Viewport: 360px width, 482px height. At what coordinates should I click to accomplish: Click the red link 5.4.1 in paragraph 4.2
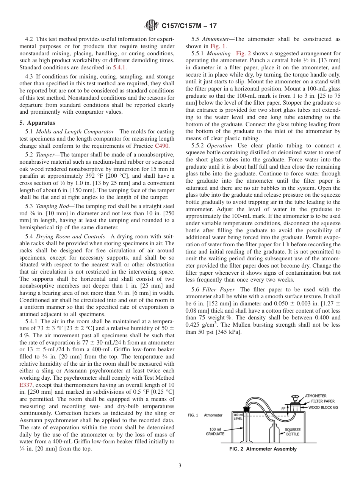(119, 67)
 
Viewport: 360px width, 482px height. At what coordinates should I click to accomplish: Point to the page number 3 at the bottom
(180, 465)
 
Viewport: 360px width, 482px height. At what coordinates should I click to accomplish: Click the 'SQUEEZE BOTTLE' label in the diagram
(293, 432)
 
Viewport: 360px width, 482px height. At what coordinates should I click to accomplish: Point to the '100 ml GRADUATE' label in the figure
(214, 431)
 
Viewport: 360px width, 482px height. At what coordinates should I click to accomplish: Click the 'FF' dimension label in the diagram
(283, 409)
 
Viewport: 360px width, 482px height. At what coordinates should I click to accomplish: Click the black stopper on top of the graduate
(247, 409)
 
